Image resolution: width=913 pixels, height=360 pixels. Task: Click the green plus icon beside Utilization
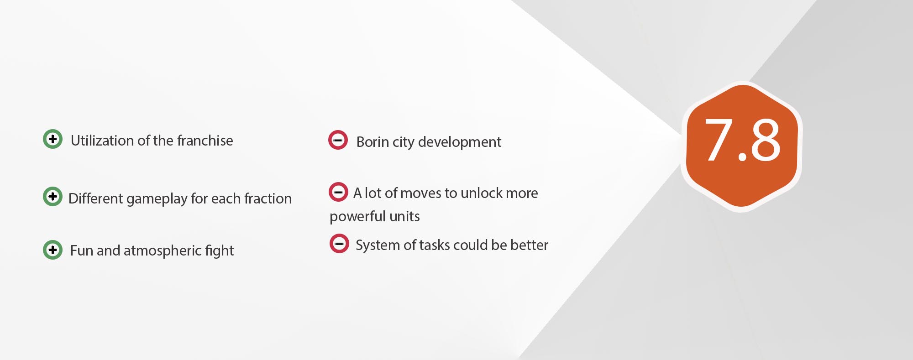pyautogui.click(x=52, y=139)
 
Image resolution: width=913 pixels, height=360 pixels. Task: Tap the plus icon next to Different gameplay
pyautogui.click(x=52, y=197)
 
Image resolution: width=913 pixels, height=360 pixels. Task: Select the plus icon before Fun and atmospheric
pyautogui.click(x=52, y=250)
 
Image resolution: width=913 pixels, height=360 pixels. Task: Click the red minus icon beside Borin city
pyautogui.click(x=338, y=140)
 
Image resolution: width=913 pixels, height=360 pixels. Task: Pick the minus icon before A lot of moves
pyautogui.click(x=338, y=192)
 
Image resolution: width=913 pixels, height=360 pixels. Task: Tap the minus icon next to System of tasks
pyautogui.click(x=339, y=243)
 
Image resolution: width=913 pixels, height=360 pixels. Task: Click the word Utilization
pyautogui.click(x=103, y=141)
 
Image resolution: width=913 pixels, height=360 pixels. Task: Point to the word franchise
pyautogui.click(x=205, y=141)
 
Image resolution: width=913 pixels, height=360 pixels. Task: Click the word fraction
pyautogui.click(x=268, y=198)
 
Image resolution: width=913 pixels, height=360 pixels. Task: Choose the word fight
pyautogui.click(x=220, y=251)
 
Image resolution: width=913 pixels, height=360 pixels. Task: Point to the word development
pyautogui.click(x=460, y=142)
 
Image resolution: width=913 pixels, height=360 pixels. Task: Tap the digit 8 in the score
pyautogui.click(x=765, y=140)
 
